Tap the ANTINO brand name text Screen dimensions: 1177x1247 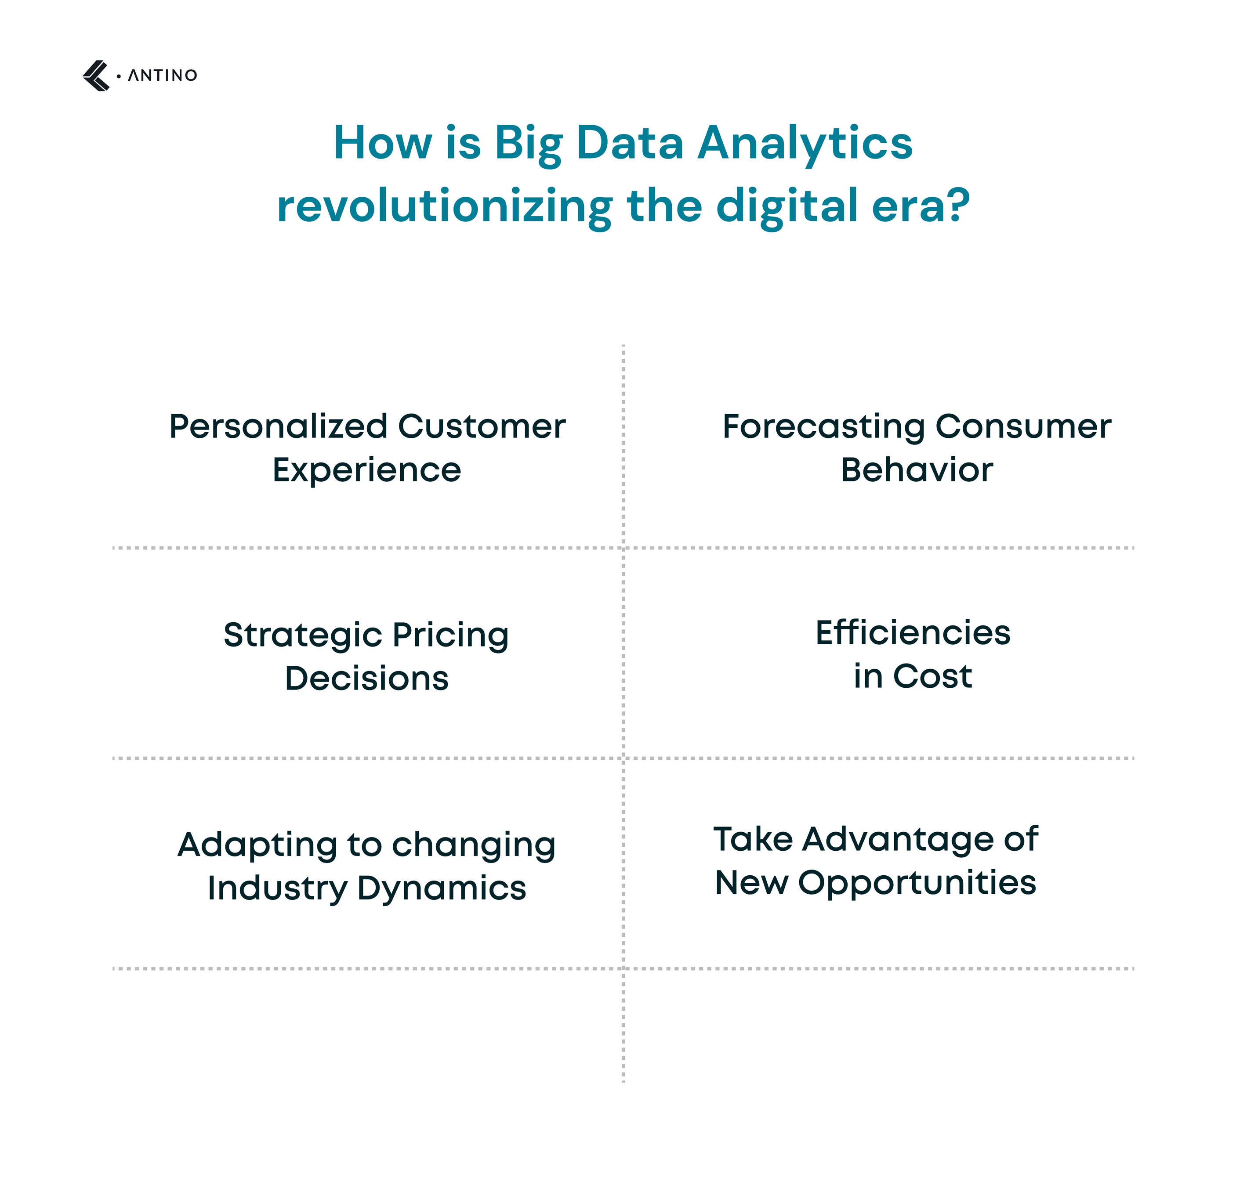[x=163, y=76]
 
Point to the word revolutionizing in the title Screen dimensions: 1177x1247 [x=444, y=207]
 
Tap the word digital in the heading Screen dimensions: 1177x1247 [x=787, y=207]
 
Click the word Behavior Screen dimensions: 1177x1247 [x=917, y=470]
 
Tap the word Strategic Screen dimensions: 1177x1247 [x=303, y=635]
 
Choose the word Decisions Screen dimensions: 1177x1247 [x=367, y=678]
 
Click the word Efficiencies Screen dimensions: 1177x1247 [x=913, y=632]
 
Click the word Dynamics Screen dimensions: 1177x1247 [x=442, y=888]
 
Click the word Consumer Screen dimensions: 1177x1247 [x=1024, y=426]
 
